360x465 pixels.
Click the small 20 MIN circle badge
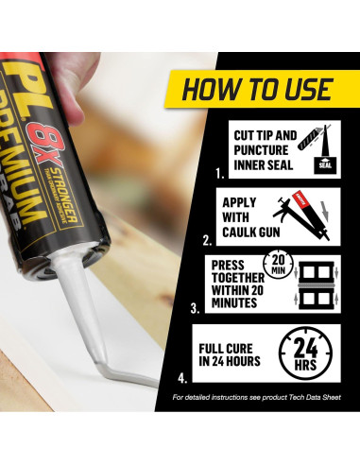tap(278, 264)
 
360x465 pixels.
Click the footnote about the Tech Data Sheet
tap(257, 397)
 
